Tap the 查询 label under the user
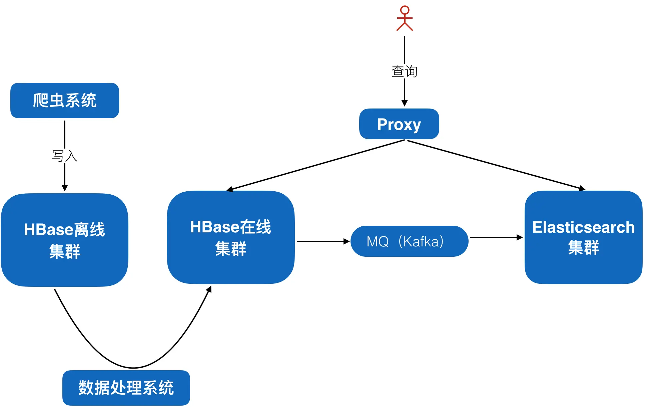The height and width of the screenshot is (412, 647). click(x=404, y=71)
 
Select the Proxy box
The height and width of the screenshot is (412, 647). click(x=399, y=124)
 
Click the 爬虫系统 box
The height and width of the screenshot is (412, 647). click(x=65, y=100)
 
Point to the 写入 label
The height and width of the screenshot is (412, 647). click(x=65, y=156)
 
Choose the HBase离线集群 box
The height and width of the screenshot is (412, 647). click(x=65, y=240)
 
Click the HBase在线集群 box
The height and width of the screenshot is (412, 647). click(x=230, y=237)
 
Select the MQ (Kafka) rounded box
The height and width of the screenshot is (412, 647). click(x=409, y=241)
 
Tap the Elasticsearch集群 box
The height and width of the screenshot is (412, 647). click(x=583, y=237)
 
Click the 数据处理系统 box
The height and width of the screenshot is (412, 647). click(x=126, y=388)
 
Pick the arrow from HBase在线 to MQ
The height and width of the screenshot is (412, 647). click(x=322, y=241)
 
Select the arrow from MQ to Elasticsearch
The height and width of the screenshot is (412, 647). click(x=495, y=237)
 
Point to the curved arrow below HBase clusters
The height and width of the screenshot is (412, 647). click(x=133, y=368)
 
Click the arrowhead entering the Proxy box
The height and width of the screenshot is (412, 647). click(x=405, y=103)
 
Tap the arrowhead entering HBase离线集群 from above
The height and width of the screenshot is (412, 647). click(x=65, y=188)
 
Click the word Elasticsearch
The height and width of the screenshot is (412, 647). click(x=583, y=227)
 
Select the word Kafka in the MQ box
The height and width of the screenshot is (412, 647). click(x=422, y=241)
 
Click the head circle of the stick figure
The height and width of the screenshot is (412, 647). click(x=405, y=10)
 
